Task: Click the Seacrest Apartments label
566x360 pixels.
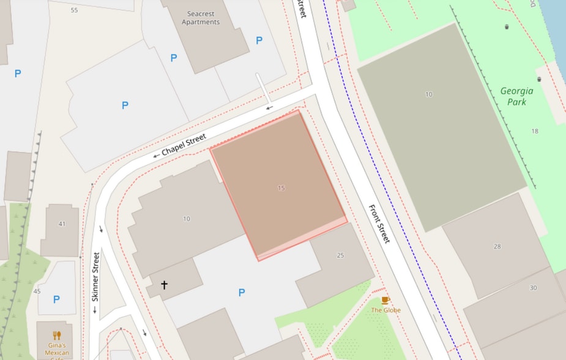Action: (x=200, y=18)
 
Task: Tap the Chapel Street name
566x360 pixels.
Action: (x=184, y=144)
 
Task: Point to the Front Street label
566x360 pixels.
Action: (x=379, y=223)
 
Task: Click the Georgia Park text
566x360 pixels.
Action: (x=516, y=96)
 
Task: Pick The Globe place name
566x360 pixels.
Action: (x=385, y=310)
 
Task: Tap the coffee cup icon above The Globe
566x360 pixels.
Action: (x=385, y=300)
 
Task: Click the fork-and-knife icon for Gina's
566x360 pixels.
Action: (x=57, y=335)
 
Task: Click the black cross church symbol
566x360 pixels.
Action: (x=164, y=285)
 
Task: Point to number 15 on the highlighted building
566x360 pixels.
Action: (x=281, y=188)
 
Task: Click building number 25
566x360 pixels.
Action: (x=340, y=255)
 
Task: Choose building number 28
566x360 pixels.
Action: (x=497, y=247)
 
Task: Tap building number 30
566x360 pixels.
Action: (x=533, y=288)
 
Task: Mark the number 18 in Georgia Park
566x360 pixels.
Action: (x=535, y=131)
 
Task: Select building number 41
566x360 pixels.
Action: (x=62, y=224)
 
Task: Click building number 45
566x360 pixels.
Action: (x=37, y=291)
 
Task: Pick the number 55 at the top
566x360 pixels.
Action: (x=74, y=10)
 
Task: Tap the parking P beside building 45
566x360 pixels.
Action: (x=56, y=299)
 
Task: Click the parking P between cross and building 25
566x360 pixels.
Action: (x=242, y=293)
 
